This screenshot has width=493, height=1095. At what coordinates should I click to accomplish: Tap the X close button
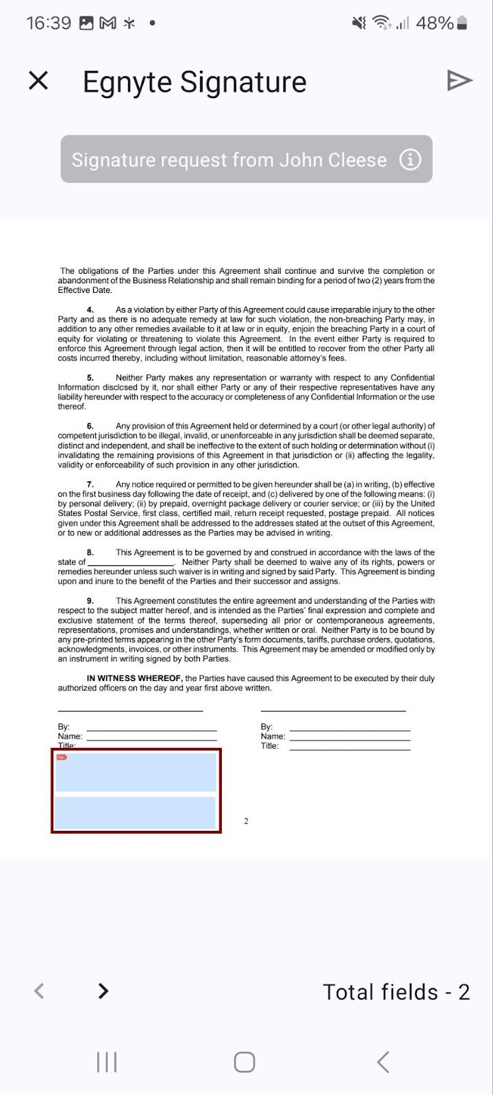pyautogui.click(x=38, y=81)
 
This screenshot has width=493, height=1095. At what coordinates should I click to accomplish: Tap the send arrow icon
pyautogui.click(x=459, y=81)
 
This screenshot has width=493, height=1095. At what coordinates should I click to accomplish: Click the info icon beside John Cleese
pyautogui.click(x=409, y=159)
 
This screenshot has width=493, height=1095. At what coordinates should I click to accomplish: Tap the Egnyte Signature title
pyautogui.click(x=194, y=82)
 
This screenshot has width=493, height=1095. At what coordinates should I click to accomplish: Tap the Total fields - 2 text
pyautogui.click(x=396, y=992)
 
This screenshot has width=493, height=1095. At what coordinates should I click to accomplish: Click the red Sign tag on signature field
pyautogui.click(x=62, y=757)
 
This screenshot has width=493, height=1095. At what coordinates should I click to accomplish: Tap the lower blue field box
pyautogui.click(x=136, y=813)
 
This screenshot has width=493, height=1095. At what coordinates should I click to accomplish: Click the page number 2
pyautogui.click(x=246, y=821)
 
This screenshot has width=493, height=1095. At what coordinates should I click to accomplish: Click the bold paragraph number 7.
pyautogui.click(x=90, y=485)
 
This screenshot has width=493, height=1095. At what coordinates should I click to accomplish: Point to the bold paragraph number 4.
pyautogui.click(x=90, y=310)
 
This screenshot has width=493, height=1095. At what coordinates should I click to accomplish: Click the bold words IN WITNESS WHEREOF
pyautogui.click(x=134, y=679)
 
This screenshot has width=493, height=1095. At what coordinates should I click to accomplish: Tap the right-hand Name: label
pyautogui.click(x=273, y=736)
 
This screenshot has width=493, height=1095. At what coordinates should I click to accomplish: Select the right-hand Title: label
pyautogui.click(x=270, y=746)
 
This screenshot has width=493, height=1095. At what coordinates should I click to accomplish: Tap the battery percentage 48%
pyautogui.click(x=435, y=23)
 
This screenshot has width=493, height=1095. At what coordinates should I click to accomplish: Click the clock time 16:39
pyautogui.click(x=49, y=23)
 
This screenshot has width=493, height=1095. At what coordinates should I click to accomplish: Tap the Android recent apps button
pyautogui.click(x=107, y=1062)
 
